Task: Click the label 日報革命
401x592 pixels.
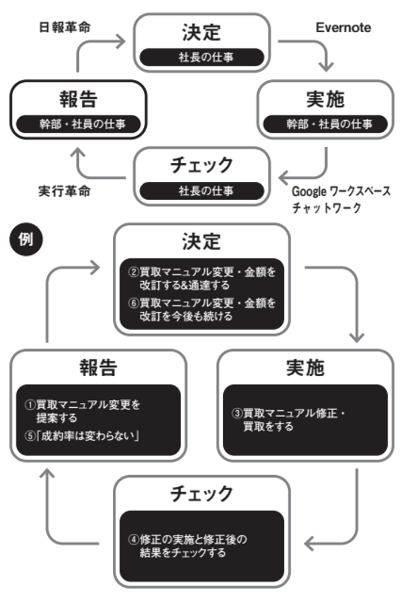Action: coord(64,27)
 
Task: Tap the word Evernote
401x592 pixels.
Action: coord(343,28)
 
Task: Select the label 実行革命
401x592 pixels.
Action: coord(64,191)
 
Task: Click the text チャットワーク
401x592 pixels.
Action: coord(326,208)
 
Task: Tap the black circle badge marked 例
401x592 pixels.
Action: coord(26,239)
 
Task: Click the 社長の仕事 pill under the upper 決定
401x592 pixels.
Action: coord(201,57)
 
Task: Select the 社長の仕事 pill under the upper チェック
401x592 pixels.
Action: coord(201,190)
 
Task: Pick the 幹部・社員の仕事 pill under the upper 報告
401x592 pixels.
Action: coord(78,124)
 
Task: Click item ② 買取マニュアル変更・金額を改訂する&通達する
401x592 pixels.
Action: coord(201,278)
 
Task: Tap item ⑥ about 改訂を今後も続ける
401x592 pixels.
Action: coord(201,309)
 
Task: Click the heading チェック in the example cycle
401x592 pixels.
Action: coord(201,493)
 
